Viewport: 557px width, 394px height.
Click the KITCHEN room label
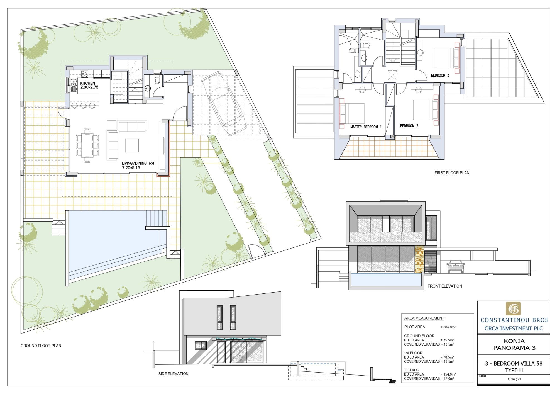click(x=87, y=83)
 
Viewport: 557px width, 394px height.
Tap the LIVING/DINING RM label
click(x=138, y=163)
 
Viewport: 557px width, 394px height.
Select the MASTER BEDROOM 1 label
click(x=366, y=127)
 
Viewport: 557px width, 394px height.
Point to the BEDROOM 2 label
click(x=409, y=126)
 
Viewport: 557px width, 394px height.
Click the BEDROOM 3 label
click(x=440, y=75)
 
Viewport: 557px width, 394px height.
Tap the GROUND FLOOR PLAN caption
click(x=41, y=346)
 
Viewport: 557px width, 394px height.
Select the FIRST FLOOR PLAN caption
click(x=452, y=173)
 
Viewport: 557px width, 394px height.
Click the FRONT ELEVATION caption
click(x=445, y=286)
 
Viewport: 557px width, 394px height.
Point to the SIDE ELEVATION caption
click(x=173, y=374)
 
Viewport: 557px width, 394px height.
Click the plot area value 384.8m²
click(x=449, y=327)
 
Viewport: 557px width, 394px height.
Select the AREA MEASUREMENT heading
click(x=424, y=318)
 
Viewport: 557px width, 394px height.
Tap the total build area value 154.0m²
click(x=449, y=374)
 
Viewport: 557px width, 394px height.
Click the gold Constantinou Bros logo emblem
click(x=513, y=309)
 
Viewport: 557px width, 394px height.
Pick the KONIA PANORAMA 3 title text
click(x=514, y=344)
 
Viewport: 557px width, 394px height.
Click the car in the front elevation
click(x=456, y=267)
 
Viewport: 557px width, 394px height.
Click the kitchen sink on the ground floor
click(x=74, y=85)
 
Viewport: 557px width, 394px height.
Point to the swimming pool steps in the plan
click(x=156, y=218)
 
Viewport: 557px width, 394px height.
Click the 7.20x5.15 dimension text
click(x=131, y=168)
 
